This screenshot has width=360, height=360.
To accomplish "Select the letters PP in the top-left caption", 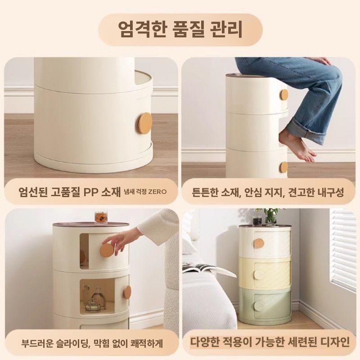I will [x=91, y=191].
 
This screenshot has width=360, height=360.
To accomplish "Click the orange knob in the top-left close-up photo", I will [x=145, y=123].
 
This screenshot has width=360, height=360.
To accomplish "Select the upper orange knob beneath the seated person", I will [x=284, y=95].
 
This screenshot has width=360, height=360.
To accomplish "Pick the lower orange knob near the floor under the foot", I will [x=283, y=167].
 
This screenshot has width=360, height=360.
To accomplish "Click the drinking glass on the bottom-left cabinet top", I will [x=99, y=217].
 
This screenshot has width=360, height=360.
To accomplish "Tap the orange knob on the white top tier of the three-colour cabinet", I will [x=259, y=243].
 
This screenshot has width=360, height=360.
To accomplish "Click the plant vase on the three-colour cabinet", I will [x=270, y=217].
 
